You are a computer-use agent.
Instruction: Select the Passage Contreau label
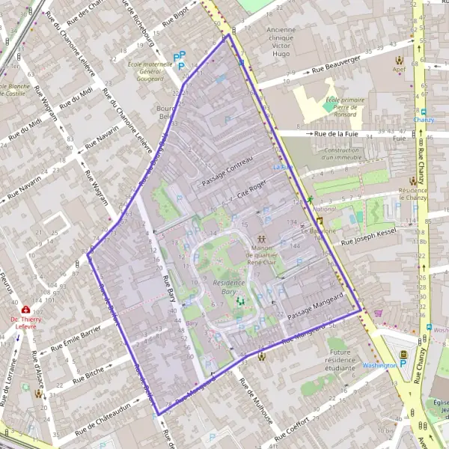tap(233, 171)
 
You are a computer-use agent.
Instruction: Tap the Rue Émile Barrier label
tap(76, 337)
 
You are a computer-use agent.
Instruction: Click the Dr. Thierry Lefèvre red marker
tap(26, 308)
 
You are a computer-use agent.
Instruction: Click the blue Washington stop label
tap(379, 365)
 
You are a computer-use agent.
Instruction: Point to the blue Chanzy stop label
tap(424, 120)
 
